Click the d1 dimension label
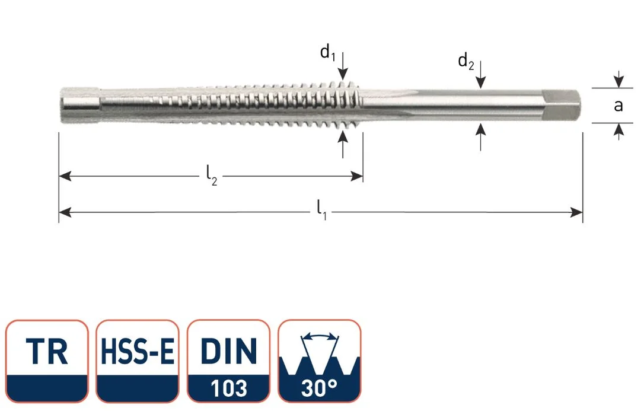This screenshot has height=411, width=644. [x=328, y=53]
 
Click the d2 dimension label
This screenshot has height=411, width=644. [x=466, y=62]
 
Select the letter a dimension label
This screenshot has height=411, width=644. [x=618, y=106]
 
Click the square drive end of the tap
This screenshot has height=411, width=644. [x=561, y=106]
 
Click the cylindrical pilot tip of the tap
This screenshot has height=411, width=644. [x=80, y=105]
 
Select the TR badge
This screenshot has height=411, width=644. [x=47, y=361]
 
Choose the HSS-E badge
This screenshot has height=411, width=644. [x=138, y=361]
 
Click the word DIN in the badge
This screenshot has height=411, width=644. [x=229, y=351]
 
